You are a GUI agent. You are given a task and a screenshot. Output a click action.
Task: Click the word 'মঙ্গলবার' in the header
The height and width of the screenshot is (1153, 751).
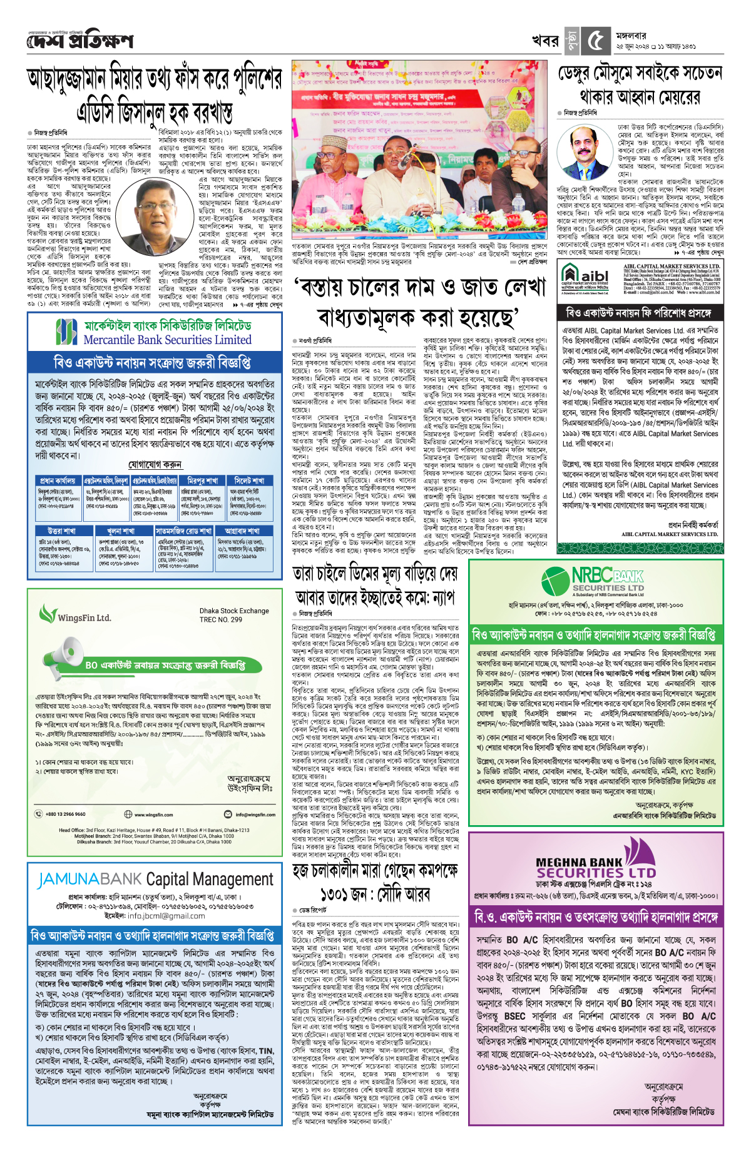click(x=631, y=36)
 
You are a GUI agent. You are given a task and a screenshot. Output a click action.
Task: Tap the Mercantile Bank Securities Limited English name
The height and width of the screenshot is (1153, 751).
click(x=167, y=340)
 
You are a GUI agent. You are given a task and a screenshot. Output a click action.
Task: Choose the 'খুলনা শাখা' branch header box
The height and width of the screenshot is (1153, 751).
click(x=121, y=531)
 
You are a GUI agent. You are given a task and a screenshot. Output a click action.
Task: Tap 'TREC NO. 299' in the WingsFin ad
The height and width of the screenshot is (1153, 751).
click(x=221, y=619)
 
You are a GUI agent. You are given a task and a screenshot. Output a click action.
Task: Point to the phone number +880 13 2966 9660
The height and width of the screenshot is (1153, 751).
click(x=65, y=815)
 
